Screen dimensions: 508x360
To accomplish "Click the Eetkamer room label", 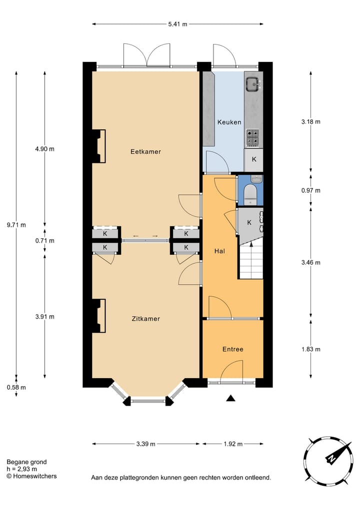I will [x=145, y=151].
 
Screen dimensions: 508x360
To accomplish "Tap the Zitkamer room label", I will [x=145, y=318].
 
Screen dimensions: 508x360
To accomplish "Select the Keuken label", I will [x=229, y=122].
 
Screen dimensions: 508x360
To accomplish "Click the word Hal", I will [x=219, y=251].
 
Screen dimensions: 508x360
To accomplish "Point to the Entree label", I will [x=232, y=349].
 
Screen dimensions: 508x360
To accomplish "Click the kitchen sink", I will [x=253, y=83].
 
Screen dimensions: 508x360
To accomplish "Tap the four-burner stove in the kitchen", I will [x=253, y=137].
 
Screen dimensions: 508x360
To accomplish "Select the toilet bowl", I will [x=250, y=194].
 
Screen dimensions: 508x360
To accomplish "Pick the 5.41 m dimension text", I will [x=177, y=23].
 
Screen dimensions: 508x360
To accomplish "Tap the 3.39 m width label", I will [x=145, y=444].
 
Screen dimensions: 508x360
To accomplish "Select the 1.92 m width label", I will [x=232, y=444].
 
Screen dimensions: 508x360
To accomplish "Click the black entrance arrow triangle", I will [x=230, y=398].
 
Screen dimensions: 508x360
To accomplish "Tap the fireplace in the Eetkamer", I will [x=98, y=146].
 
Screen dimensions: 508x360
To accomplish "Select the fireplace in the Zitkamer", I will [x=98, y=315].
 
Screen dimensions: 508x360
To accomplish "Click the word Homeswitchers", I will [x=34, y=476].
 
